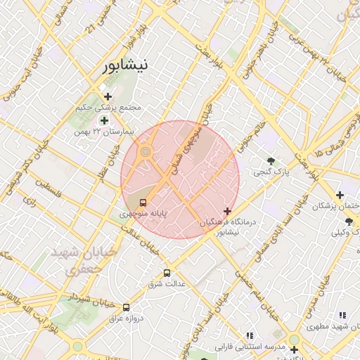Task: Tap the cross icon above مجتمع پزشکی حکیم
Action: [x=108, y=96]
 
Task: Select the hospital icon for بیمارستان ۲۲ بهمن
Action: [x=104, y=120]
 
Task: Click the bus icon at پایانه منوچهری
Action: [x=144, y=202]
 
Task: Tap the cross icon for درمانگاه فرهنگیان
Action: [x=227, y=211]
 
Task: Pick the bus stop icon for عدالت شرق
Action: [x=167, y=273]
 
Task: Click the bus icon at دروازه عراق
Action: [x=127, y=307]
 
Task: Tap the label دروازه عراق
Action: [x=125, y=318]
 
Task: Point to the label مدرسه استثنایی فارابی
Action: [x=229, y=347]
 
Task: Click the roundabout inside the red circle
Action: [x=146, y=151]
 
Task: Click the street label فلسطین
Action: [x=49, y=191]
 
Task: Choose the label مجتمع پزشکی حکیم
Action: [x=108, y=108]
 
